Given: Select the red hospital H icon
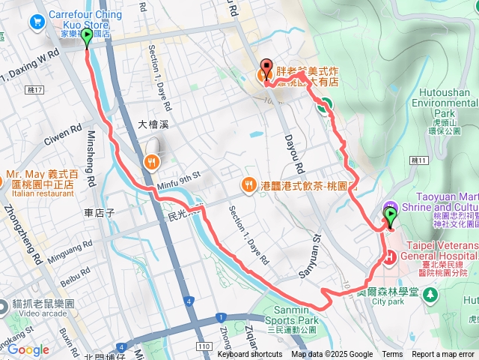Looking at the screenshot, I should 389,259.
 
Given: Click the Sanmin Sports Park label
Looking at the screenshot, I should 291,315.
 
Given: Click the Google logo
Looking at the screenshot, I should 28,349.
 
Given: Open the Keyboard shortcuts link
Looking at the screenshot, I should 250,355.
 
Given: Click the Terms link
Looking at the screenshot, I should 392,355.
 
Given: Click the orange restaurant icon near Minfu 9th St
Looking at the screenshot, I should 151,160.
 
